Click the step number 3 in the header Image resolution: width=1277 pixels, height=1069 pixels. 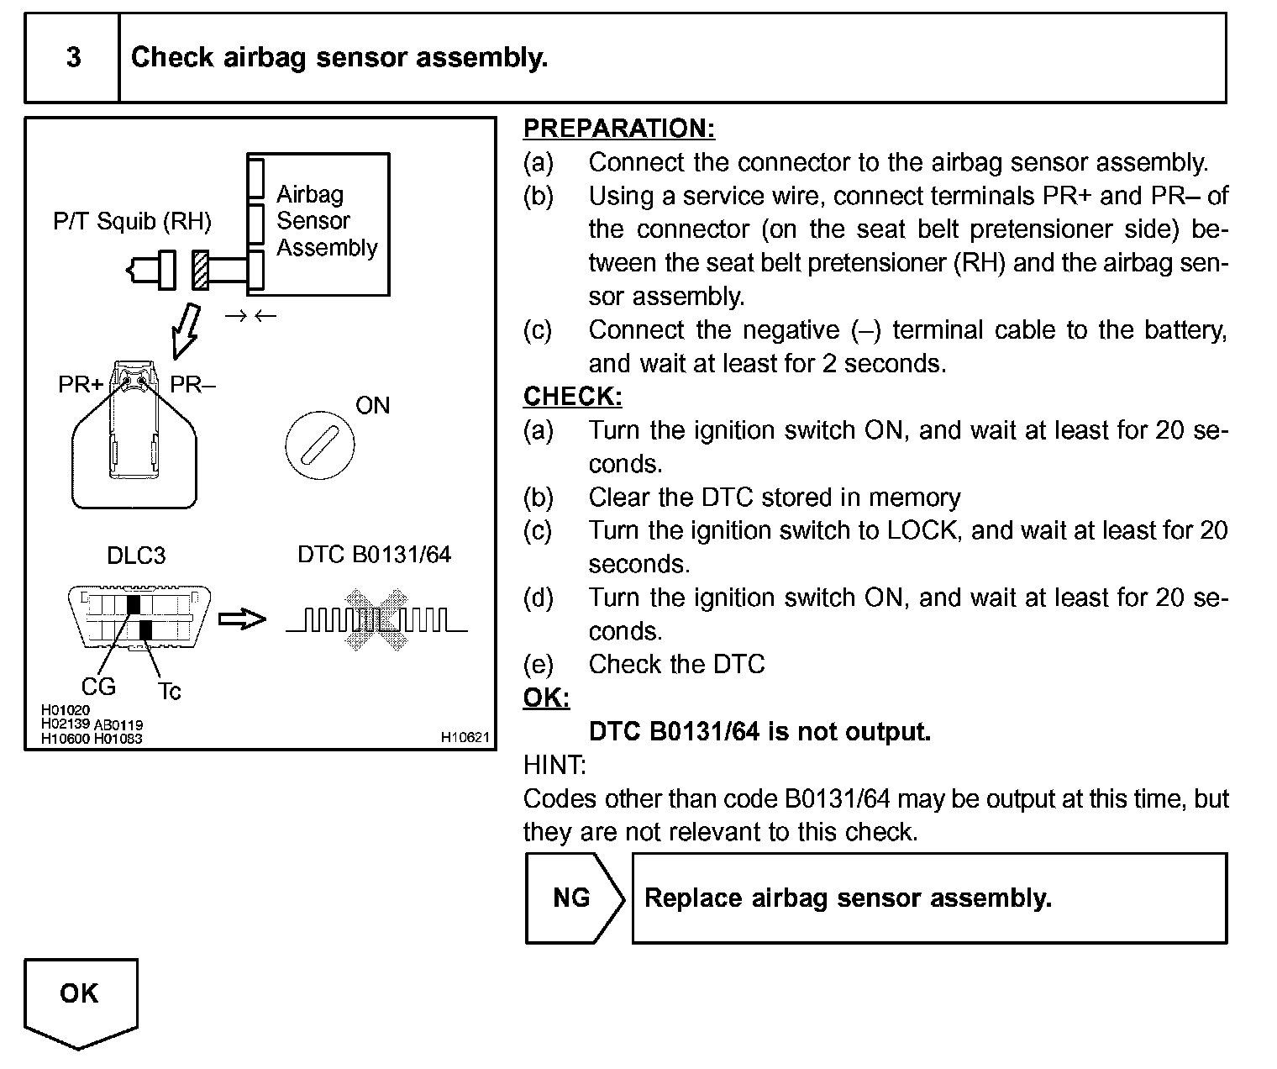pos(73,57)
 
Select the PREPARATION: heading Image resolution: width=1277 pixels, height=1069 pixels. pos(618,129)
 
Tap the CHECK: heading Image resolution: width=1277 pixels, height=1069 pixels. pos(572,397)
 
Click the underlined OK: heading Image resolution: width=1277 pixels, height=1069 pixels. pos(546,698)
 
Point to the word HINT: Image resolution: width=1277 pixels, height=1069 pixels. pos(554,765)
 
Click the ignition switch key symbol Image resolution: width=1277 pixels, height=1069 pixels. pos(319,445)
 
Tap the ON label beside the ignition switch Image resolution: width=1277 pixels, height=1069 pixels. pos(372,406)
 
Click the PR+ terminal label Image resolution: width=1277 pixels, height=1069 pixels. pos(81,385)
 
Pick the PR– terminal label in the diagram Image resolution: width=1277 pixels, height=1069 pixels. pos(192,385)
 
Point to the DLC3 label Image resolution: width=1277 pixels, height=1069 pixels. pos(136,556)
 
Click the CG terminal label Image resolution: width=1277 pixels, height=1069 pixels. pos(98,687)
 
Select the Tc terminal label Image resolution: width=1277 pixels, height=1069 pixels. pos(169,692)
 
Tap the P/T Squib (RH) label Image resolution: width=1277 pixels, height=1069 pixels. pos(132,221)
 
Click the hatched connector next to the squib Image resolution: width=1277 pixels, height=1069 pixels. pos(200,270)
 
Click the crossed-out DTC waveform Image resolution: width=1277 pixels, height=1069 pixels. pos(376,619)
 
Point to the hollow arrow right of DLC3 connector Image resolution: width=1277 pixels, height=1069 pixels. pos(242,619)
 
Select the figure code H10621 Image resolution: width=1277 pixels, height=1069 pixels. pos(465,737)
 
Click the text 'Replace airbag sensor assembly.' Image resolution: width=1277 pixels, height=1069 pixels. pos(847,898)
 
